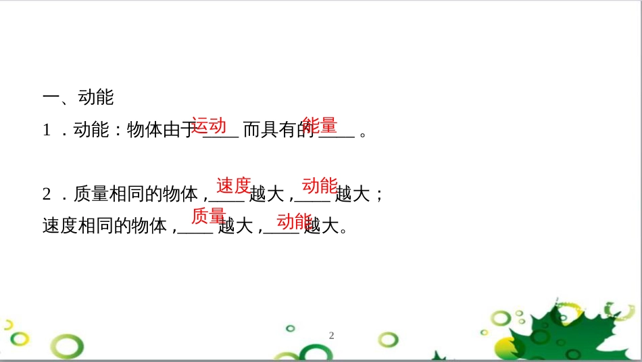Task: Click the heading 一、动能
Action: (x=78, y=97)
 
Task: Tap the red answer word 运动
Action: (x=209, y=125)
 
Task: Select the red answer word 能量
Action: (x=319, y=125)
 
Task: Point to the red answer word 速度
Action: (x=234, y=185)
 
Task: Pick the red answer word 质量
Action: (x=209, y=216)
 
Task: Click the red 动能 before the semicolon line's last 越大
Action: (x=320, y=185)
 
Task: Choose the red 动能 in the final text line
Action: (x=295, y=221)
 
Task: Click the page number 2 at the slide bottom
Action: (x=331, y=335)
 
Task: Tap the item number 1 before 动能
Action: (x=47, y=131)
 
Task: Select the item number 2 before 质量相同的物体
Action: (x=47, y=194)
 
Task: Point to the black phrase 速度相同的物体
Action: (x=105, y=225)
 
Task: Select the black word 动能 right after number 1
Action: (x=91, y=131)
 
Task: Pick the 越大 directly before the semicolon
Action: (x=353, y=194)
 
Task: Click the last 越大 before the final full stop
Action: (x=322, y=225)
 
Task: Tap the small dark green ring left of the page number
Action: (x=291, y=328)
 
